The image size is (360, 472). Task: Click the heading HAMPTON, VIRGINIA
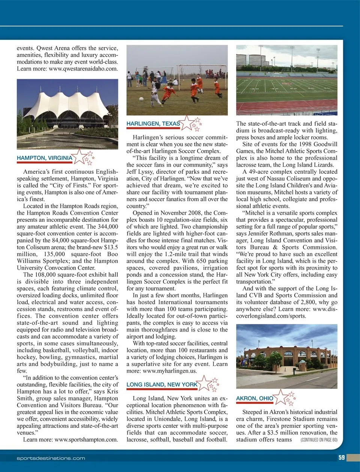[44, 158]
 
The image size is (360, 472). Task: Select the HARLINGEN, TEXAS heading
[153, 124]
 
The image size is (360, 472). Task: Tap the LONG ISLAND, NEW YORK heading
[162, 384]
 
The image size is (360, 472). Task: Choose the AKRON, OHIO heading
[255, 398]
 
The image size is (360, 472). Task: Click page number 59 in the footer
[341, 457]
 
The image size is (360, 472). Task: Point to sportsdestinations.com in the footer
[51, 458]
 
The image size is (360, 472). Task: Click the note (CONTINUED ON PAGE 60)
[319, 440]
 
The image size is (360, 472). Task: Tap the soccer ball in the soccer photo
[141, 99]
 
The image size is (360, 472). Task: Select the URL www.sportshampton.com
[86, 439]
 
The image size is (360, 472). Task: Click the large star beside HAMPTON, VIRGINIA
[79, 156]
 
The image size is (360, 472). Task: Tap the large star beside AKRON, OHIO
[280, 397]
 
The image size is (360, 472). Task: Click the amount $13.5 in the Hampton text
[111, 247]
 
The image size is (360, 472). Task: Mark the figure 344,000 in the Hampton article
[108, 227]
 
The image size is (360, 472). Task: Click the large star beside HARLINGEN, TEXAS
[187, 122]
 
